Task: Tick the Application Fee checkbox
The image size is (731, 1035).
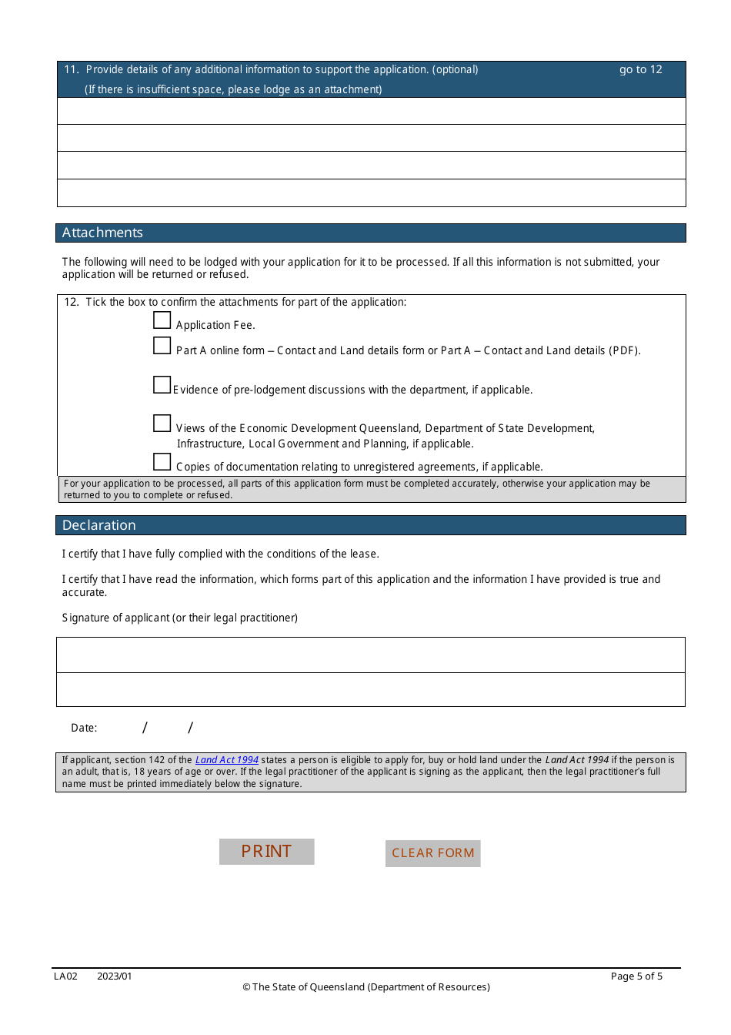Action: [x=162, y=320]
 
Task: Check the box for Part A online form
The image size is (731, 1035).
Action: [x=162, y=346]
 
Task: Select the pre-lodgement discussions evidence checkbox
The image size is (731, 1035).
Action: [x=162, y=384]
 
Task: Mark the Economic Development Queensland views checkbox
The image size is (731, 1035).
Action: [x=162, y=423]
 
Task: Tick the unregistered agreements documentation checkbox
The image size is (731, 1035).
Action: [x=162, y=461]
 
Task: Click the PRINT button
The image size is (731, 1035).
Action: [x=266, y=851]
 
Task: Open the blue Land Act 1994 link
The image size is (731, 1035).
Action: [x=227, y=760]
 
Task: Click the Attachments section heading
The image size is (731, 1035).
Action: [x=102, y=233]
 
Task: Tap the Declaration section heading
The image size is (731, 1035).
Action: [x=98, y=525]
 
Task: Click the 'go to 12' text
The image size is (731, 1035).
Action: [x=640, y=69]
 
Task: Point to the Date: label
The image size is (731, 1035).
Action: [x=84, y=728]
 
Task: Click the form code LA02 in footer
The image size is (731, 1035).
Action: [x=65, y=976]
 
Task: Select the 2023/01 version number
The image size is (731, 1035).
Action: [x=115, y=976]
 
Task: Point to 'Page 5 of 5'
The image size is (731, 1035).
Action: [x=636, y=976]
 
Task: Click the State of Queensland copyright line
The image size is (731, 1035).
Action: [x=366, y=987]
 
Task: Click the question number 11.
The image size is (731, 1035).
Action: [x=71, y=69]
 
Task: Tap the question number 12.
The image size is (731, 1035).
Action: [x=71, y=302]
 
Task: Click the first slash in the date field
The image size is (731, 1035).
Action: [x=145, y=728]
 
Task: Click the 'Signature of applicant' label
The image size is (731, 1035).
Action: [x=179, y=618]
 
